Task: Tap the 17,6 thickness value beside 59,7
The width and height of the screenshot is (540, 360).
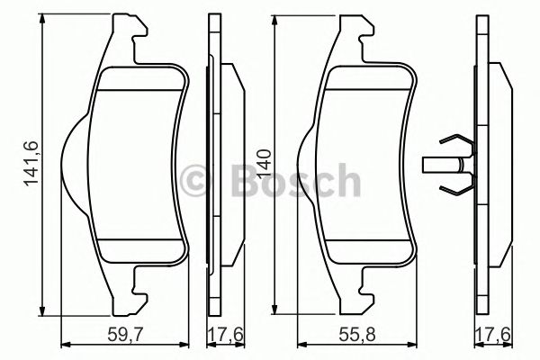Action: tap(220, 336)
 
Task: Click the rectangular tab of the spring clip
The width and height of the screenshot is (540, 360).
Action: tap(436, 165)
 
